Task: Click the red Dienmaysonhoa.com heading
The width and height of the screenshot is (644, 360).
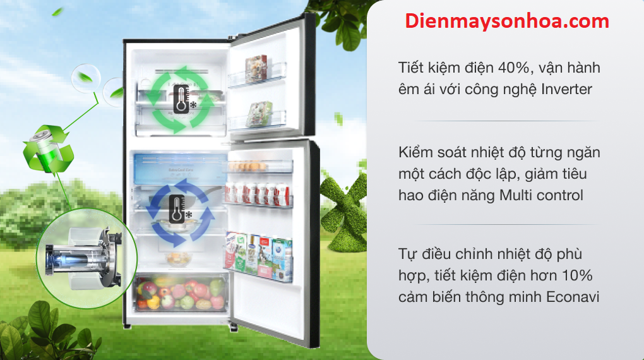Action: coord(507,21)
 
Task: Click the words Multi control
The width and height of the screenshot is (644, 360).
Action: coord(541,195)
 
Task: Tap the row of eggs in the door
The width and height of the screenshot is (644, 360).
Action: coord(247,167)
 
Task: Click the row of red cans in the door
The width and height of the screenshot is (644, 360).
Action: coord(258,193)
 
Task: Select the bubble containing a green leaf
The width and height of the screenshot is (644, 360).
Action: coord(86,78)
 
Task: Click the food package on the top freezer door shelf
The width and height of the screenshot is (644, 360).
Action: coord(256,68)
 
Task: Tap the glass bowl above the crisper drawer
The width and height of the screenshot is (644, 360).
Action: coord(179,258)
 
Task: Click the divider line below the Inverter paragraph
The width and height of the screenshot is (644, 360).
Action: coord(506,121)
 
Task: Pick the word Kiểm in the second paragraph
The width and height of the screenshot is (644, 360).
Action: coord(415,152)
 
